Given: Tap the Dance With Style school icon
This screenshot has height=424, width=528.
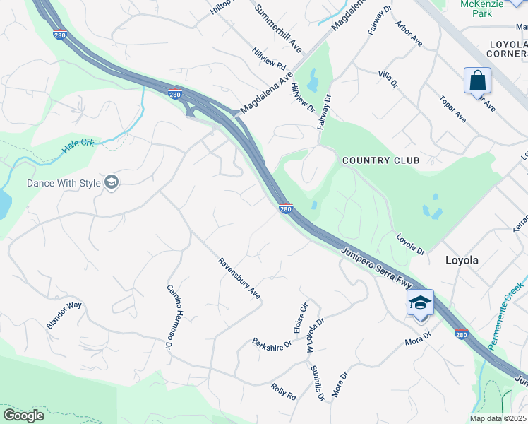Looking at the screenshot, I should [111, 182].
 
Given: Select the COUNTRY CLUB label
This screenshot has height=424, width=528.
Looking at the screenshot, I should [380, 160].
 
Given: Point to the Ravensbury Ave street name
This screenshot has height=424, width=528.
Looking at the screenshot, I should [239, 281].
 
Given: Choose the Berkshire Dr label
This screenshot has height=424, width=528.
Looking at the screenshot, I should [272, 343].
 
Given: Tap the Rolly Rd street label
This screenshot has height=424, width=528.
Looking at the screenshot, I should [284, 391].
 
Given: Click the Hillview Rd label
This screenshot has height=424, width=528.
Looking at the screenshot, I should [270, 59].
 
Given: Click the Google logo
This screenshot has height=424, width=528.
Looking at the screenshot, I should [23, 415].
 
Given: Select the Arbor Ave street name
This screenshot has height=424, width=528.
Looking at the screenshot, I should [410, 35].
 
